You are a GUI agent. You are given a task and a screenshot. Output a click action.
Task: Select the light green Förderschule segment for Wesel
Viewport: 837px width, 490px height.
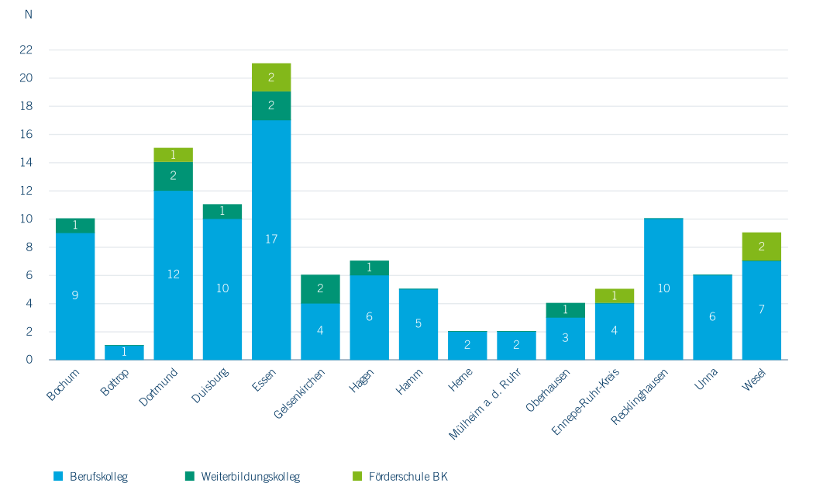tap(761, 247)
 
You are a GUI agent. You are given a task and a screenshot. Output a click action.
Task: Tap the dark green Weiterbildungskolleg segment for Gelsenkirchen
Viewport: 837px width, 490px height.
tap(320, 289)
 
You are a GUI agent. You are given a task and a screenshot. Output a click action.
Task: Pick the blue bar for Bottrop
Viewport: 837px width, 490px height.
tap(124, 353)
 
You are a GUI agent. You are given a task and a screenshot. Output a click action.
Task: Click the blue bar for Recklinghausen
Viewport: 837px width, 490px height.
tap(663, 289)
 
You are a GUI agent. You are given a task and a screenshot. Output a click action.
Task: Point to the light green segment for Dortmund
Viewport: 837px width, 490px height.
tap(173, 155)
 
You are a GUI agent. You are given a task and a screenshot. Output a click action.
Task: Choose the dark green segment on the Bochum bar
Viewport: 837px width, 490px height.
tap(75, 226)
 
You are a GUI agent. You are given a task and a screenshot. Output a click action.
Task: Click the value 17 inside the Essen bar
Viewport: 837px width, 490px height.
tap(271, 240)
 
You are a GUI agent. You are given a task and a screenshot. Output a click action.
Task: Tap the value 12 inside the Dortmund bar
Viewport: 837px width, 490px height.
tap(173, 274)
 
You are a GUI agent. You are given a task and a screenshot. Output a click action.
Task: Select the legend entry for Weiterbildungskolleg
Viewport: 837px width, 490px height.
tap(250, 476)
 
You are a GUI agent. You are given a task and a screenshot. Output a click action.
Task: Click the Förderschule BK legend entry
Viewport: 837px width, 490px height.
tap(408, 476)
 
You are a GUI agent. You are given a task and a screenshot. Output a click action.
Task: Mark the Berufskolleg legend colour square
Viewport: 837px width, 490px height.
tap(57, 476)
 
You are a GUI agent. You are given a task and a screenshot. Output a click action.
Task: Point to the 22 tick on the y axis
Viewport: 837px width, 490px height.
tap(26, 50)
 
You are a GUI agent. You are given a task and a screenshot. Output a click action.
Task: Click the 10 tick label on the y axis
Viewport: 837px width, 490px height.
tap(26, 219)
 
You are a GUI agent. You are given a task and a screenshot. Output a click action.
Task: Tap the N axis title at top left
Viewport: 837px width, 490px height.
tap(29, 15)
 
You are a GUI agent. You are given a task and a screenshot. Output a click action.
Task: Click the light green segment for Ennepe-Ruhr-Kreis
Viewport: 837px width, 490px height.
tap(615, 296)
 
